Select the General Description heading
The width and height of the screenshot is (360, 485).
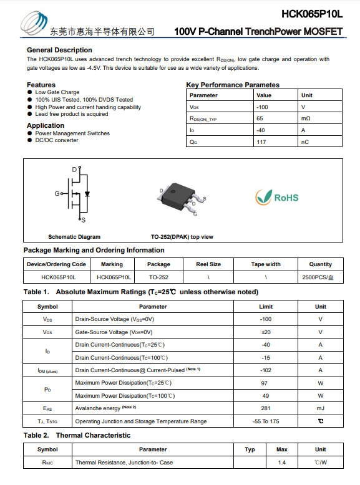pyautogui.click(x=59, y=50)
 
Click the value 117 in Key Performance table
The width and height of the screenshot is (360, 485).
pyautogui.click(x=261, y=142)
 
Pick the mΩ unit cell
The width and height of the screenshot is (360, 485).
pyautogui.click(x=306, y=118)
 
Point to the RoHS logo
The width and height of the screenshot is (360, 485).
pyautogui.click(x=277, y=197)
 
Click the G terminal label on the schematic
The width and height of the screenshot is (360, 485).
pyautogui.click(x=57, y=194)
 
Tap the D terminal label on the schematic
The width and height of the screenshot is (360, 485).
pyautogui.click(x=74, y=170)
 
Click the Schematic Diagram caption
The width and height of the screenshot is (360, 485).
pyautogui.click(x=74, y=237)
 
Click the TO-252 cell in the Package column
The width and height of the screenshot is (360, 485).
pyautogui.click(x=158, y=277)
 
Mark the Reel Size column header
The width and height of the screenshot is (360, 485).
pyautogui.click(x=208, y=264)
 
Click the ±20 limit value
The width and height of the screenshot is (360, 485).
pyautogui.click(x=266, y=332)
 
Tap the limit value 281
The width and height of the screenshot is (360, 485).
pyautogui.click(x=266, y=408)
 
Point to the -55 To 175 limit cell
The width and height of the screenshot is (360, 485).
pyautogui.click(x=266, y=421)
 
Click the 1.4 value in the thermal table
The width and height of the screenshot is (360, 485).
pyautogui.click(x=281, y=463)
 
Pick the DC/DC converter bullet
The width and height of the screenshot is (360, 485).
pyautogui.click(x=56, y=140)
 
